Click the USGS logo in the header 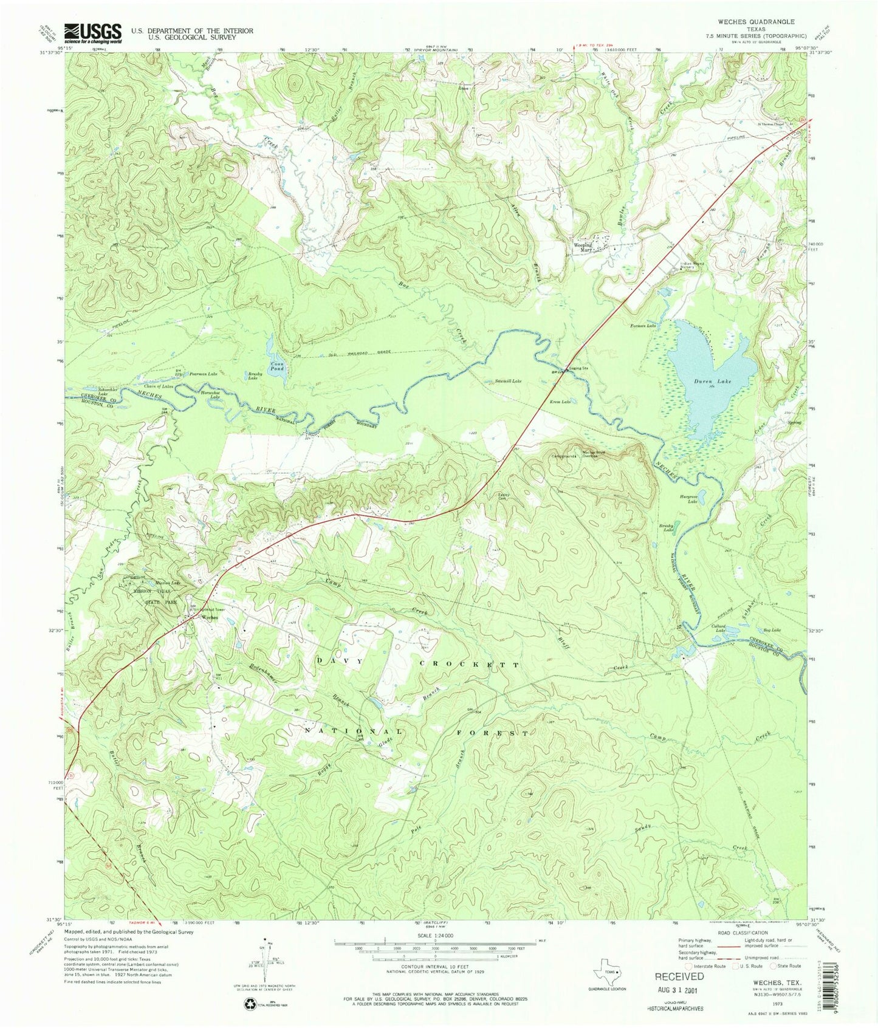[92, 33]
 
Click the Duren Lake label [713, 382]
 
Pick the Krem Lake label [561, 402]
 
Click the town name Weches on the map [210, 618]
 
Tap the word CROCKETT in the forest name [470, 665]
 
